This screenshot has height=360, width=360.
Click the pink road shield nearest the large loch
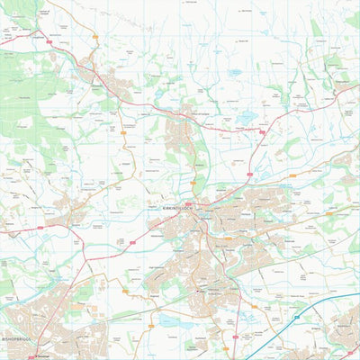pyautogui.click(x=262, y=132)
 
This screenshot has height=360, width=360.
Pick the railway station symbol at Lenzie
pyautogui.click(x=200, y=291)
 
